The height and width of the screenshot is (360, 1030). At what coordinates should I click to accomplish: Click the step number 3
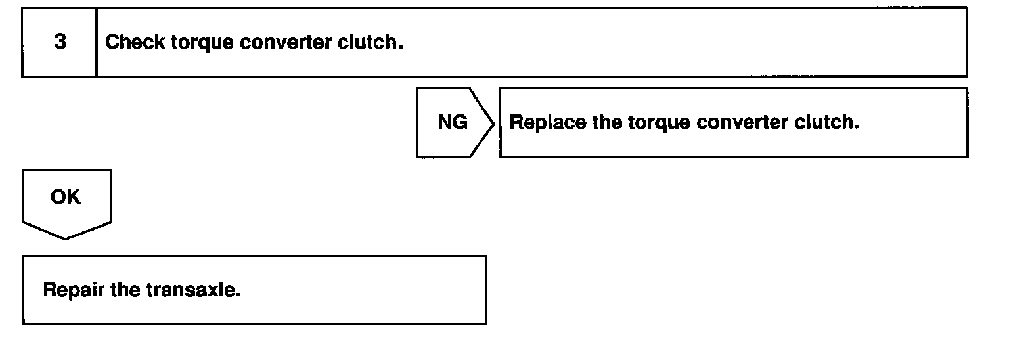60,42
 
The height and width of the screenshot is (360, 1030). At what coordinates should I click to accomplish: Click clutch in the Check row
370,43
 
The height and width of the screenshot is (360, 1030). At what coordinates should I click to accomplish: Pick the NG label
452,123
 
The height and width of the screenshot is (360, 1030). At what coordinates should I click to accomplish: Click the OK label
65,197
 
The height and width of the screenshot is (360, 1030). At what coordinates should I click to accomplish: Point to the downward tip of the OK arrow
66,238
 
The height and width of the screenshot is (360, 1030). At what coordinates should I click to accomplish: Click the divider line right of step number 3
97,42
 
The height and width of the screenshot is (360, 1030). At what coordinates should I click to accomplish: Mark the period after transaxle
238,294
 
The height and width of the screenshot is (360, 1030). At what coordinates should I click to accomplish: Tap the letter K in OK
74,197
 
